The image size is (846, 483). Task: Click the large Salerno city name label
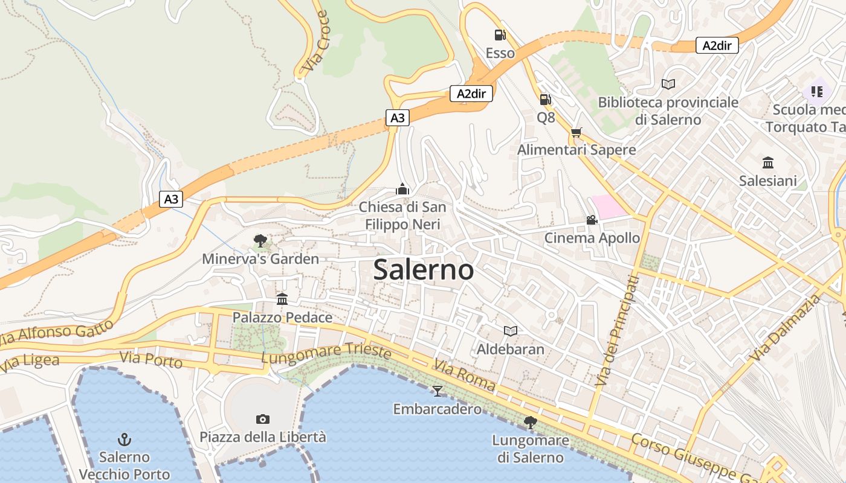(x=423, y=269)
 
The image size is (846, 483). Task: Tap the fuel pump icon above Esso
(x=500, y=36)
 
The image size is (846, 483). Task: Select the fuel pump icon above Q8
(x=545, y=100)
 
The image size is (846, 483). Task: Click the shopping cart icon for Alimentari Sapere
(x=576, y=132)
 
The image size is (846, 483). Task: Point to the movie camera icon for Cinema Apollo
(x=592, y=220)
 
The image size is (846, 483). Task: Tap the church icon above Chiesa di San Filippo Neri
(x=402, y=190)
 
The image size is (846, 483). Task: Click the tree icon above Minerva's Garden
(x=260, y=241)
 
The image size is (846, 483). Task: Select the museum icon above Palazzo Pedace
(x=282, y=299)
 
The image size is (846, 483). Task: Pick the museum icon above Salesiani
(x=768, y=162)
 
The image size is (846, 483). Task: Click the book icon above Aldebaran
(x=511, y=331)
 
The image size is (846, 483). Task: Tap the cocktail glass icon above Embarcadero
(x=438, y=391)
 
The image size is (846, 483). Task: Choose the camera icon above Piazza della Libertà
(x=263, y=419)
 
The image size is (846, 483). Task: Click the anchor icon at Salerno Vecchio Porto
(x=124, y=439)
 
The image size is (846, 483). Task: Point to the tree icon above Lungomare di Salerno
(x=531, y=423)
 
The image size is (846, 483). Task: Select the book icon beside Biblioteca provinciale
(x=668, y=84)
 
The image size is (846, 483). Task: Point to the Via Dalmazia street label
(x=786, y=328)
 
